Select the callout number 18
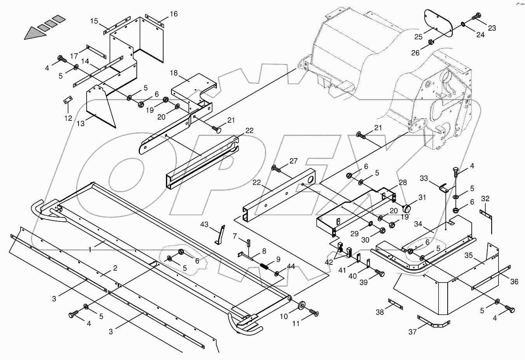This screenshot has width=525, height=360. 173,73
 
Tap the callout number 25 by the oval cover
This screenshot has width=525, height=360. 418,37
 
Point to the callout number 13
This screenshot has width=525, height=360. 80,123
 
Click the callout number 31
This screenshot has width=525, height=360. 422,198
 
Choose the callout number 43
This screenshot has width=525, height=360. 205,224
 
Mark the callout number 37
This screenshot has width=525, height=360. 412,332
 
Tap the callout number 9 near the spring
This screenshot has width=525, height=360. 278,259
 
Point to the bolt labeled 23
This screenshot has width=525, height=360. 477,17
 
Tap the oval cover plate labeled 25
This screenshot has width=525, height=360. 438,23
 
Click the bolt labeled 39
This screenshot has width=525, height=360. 381,273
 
